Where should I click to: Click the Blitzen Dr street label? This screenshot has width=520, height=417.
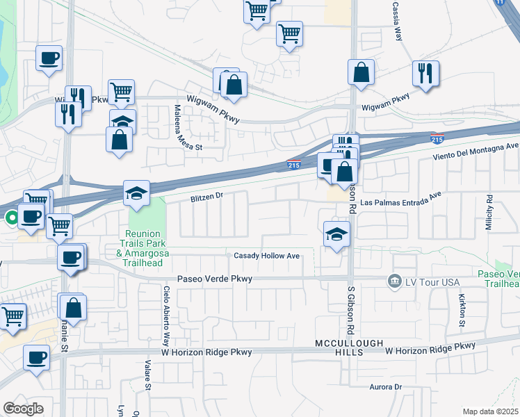[x=206, y=197]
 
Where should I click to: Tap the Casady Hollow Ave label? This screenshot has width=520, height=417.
[x=266, y=256]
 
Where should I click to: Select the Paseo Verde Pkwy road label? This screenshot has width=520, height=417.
[x=214, y=279]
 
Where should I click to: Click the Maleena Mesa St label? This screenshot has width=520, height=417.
[x=178, y=128]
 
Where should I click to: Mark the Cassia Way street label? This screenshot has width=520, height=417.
[x=398, y=21]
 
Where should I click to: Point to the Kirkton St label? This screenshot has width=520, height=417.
[x=462, y=309]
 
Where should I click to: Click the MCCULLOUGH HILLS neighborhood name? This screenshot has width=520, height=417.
[x=339, y=349]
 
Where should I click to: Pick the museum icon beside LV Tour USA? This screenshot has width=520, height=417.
[x=395, y=280]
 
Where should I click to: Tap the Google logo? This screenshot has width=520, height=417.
[x=23, y=408]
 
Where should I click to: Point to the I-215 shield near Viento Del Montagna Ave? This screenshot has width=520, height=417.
[x=437, y=138]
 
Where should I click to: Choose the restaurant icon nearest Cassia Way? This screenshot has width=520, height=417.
[x=424, y=72]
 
